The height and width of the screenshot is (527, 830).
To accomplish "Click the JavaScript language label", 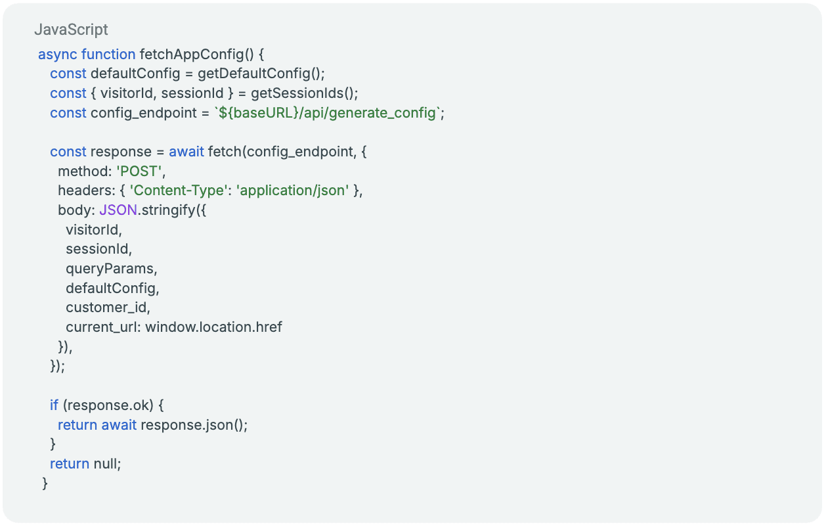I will tap(71, 30).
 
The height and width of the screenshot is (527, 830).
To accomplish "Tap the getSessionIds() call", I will tap(304, 93).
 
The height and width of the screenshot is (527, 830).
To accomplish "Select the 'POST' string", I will tap(139, 171).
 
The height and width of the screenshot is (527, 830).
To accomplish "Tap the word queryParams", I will tap(111, 268).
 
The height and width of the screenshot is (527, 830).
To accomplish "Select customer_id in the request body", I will tap(108, 308).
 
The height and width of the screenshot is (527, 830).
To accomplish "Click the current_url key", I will tap(102, 327).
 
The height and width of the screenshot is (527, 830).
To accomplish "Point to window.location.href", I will tap(213, 327).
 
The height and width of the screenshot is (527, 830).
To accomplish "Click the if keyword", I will tap(54, 405).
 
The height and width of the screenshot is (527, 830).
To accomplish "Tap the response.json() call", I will tap(194, 424).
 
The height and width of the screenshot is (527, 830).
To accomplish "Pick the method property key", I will tap(83, 171).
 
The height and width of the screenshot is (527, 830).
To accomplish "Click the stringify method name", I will tap(167, 210).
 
